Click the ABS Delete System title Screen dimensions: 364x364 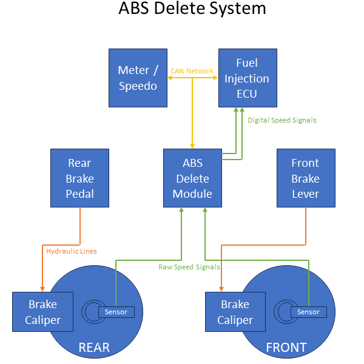click(192, 9)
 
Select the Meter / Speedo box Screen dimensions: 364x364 click(137, 78)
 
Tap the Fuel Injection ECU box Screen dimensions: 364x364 click(247, 78)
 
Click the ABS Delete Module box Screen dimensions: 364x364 click(192, 178)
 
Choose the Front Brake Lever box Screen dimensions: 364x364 click(305, 178)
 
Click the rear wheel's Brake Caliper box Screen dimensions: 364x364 click(42, 312)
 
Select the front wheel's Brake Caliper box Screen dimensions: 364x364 click(235, 312)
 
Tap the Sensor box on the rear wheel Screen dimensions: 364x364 click(116, 312)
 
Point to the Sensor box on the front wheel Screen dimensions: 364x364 click(308, 312)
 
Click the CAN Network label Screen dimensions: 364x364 click(192, 71)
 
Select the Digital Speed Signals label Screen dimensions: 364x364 click(281, 120)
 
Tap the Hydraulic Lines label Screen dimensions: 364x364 click(71, 251)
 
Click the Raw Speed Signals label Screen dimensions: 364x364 click(189, 266)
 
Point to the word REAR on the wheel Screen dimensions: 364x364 click(94, 348)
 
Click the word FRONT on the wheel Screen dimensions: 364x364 click(286, 348)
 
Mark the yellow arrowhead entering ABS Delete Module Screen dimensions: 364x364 click(192, 146)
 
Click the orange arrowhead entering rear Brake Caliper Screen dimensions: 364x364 click(42, 288)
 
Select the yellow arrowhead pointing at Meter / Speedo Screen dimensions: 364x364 click(170, 78)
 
